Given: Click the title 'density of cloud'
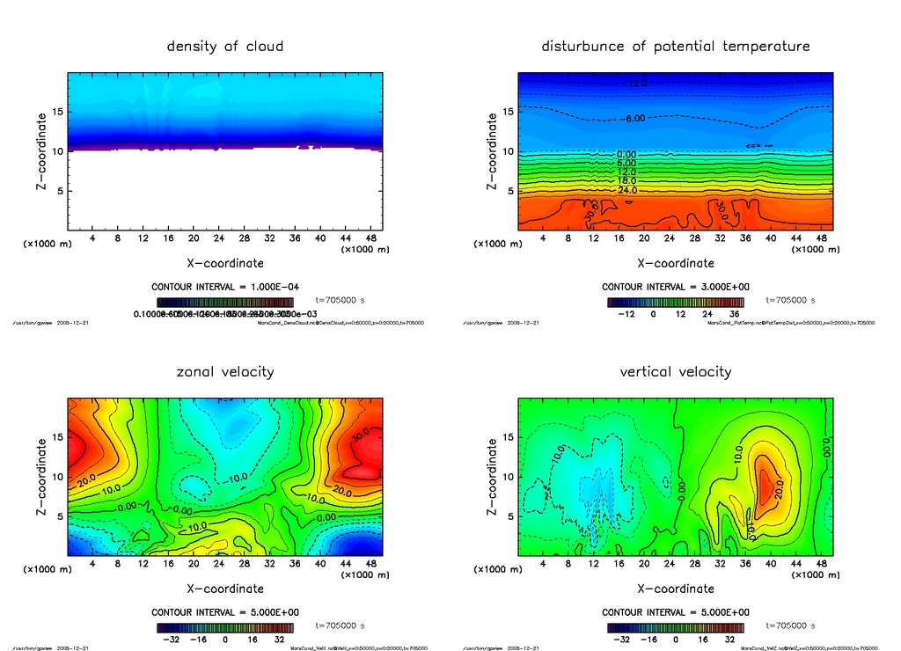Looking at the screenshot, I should (225, 46).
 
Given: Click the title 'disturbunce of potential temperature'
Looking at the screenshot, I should (676, 46).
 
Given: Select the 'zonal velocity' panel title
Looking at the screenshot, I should (225, 372).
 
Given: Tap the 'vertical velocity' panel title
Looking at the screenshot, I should (676, 372).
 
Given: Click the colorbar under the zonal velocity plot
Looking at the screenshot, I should (225, 628).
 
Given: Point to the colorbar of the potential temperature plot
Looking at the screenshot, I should (676, 302).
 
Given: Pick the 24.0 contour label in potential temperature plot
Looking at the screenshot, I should (627, 190).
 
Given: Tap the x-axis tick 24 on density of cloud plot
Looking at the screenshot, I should (219, 238).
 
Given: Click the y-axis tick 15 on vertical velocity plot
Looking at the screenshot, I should (507, 437).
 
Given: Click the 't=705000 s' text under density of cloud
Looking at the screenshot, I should (340, 300).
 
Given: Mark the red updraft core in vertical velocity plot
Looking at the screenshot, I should (765, 483).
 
